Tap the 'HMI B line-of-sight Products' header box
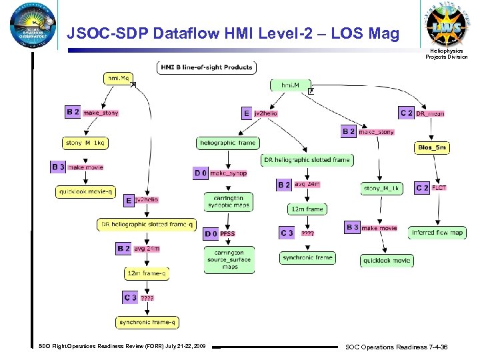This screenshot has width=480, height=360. pyautogui.click(x=206, y=67)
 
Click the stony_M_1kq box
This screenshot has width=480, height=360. pyautogui.click(x=85, y=143)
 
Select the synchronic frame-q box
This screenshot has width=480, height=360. pyautogui.click(x=147, y=323)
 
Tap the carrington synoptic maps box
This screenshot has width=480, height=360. pyautogui.click(x=229, y=201)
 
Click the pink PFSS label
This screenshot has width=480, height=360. pyautogui.click(x=228, y=233)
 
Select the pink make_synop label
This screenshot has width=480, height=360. pyautogui.click(x=229, y=173)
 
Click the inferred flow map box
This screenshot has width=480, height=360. pyautogui.click(x=437, y=233)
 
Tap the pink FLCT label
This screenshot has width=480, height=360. pyautogui.click(x=439, y=188)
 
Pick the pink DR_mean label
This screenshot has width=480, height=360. pyautogui.click(x=431, y=113)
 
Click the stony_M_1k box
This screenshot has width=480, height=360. pyautogui.click(x=382, y=189)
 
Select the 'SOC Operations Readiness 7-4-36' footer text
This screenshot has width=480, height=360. pyautogui.click(x=396, y=347)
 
